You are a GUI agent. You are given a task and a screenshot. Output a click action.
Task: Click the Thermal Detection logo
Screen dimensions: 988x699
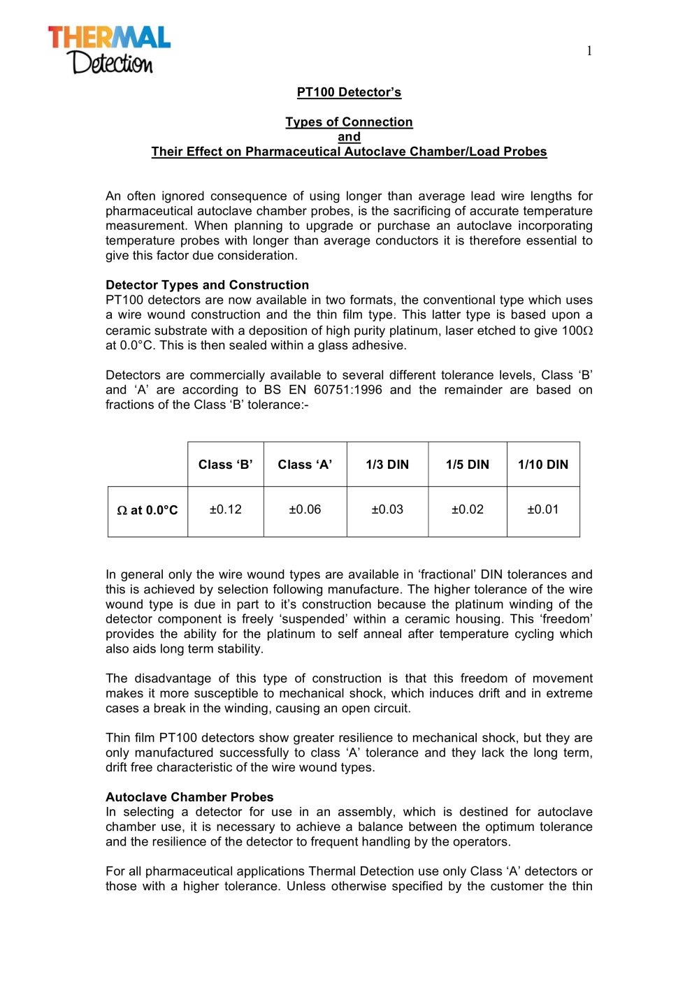click(109, 50)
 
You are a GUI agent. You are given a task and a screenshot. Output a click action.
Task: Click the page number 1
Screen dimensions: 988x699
click(589, 51)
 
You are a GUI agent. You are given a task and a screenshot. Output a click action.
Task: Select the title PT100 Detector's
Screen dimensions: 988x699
click(349, 92)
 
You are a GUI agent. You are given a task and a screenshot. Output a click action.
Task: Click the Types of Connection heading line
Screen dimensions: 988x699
click(349, 122)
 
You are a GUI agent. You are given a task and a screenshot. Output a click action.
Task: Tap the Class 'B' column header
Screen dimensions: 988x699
click(225, 465)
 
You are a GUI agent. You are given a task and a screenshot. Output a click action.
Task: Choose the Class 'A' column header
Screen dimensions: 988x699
click(305, 465)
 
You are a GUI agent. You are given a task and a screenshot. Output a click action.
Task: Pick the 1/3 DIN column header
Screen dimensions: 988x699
click(387, 465)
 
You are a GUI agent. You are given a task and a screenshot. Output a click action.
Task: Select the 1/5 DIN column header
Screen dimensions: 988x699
click(467, 465)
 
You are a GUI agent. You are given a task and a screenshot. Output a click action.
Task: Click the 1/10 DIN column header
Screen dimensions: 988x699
click(543, 465)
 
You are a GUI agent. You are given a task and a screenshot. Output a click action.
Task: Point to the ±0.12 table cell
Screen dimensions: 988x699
click(225, 509)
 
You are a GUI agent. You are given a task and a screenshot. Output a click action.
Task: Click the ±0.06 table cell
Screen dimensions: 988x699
click(305, 509)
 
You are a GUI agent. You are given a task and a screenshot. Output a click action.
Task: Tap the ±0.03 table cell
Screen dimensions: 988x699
click(387, 509)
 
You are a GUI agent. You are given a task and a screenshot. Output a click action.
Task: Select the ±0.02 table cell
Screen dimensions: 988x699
click(467, 509)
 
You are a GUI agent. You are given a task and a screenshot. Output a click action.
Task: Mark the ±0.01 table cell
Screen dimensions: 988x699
click(543, 509)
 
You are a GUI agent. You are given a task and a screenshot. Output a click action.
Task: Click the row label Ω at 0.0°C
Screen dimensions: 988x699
click(147, 511)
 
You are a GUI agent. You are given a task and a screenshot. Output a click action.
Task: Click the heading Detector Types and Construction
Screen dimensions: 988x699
click(207, 285)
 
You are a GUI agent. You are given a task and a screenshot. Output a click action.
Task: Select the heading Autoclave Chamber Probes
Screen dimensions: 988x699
click(189, 797)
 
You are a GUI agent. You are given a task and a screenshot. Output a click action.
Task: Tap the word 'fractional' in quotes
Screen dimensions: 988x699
click(447, 574)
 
